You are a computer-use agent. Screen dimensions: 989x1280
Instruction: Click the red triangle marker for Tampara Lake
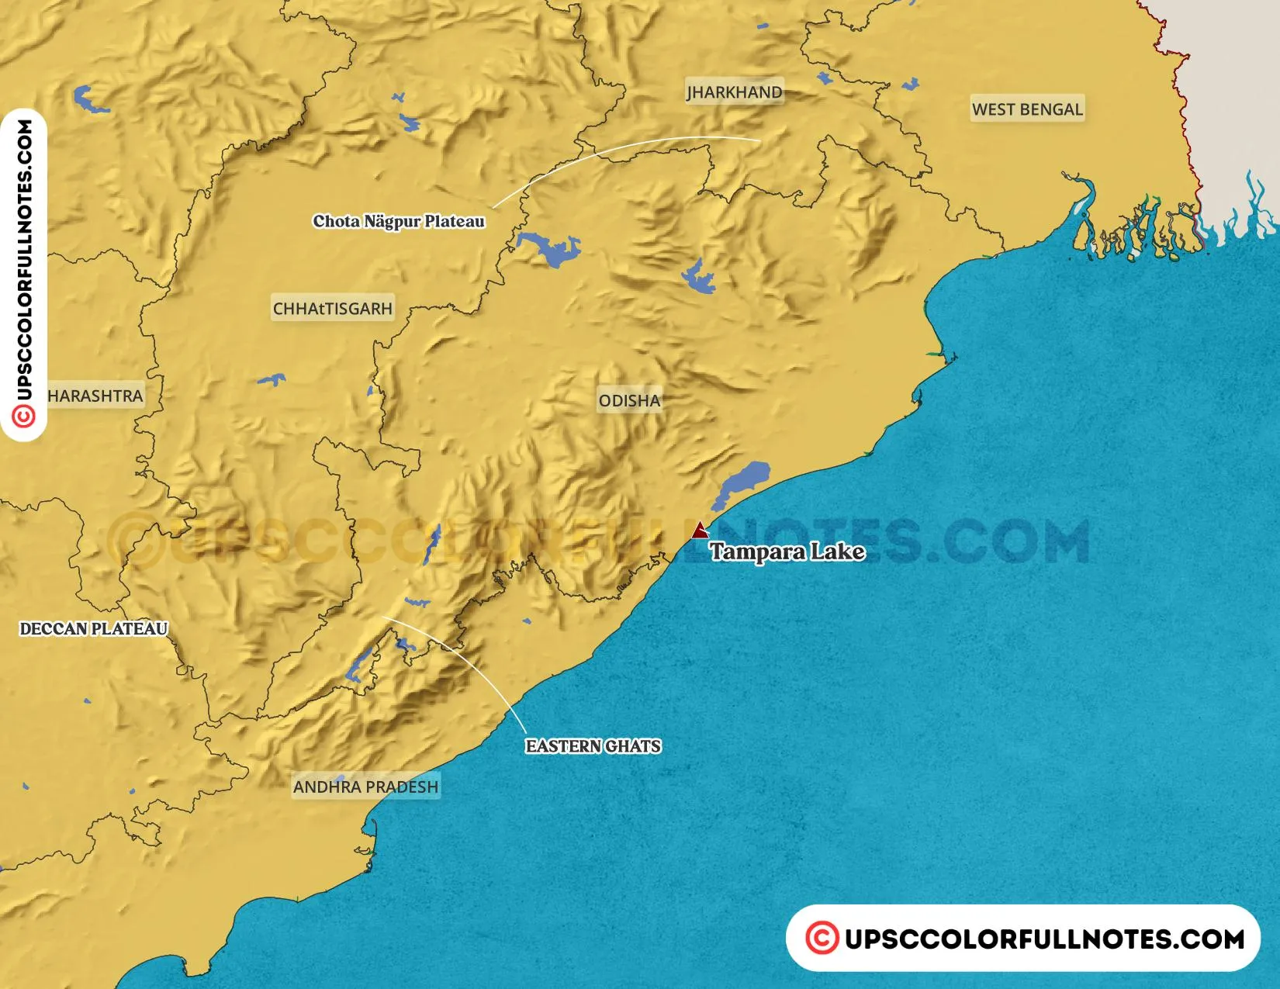700,531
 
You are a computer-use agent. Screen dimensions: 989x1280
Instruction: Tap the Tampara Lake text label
787,552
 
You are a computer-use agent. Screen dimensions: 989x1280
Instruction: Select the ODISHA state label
629,401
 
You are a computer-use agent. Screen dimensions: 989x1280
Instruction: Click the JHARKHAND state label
734,92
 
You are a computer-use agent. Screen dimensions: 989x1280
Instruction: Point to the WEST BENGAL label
1027,109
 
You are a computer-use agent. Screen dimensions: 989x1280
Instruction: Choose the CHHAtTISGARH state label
333,309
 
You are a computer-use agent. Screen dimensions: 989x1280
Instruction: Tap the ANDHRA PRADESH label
365,787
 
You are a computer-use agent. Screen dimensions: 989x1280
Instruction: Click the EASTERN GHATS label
593,746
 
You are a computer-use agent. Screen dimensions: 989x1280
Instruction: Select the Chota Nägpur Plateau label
399,222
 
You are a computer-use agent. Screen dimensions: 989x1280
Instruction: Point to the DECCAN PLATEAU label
94,629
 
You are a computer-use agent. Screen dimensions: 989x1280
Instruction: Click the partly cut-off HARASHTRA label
95,396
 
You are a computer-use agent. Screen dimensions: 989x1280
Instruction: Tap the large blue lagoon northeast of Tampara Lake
743,482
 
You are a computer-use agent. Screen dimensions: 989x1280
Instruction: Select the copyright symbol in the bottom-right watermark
822,938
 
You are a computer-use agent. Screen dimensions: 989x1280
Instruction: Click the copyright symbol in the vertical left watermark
24,417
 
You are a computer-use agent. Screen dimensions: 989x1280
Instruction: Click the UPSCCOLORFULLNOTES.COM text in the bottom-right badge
1043,939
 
